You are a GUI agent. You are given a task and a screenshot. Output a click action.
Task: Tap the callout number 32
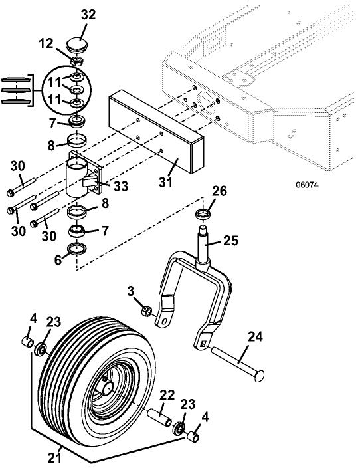pos(88,15)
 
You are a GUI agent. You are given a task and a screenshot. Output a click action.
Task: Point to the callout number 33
pos(120,186)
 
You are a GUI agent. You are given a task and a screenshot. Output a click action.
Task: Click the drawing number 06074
pos(307,185)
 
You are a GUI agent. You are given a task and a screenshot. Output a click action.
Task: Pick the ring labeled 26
pos(202,215)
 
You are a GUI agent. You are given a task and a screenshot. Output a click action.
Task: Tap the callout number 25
pos(230,241)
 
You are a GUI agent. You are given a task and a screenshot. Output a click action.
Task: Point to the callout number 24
pos(255,337)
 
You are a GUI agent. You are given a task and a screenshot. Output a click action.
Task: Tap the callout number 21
pos(55,458)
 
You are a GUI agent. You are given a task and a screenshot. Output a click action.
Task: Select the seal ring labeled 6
pos(78,249)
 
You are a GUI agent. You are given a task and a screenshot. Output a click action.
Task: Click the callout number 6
pos(58,260)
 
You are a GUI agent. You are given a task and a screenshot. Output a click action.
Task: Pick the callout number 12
pos(46,44)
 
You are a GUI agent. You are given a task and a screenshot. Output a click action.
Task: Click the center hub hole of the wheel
pos(107,388)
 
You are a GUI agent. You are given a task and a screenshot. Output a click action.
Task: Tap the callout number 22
pos(167,395)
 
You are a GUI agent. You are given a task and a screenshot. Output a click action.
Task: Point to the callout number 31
pos(166,182)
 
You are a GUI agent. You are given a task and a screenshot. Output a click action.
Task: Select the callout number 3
pos(130,291)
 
